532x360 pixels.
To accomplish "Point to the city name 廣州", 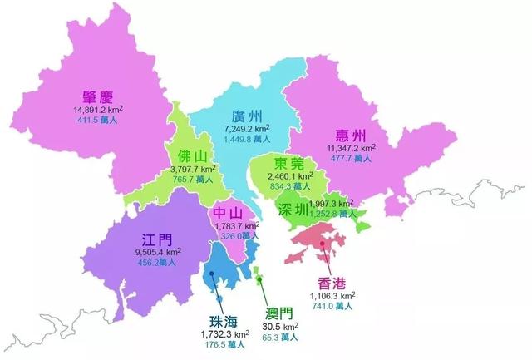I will [249, 118].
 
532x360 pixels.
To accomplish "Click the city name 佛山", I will [195, 155].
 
